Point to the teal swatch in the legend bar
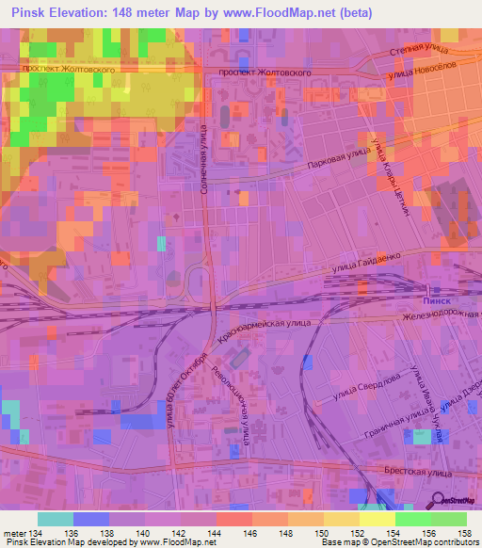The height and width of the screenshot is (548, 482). point(56,519)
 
